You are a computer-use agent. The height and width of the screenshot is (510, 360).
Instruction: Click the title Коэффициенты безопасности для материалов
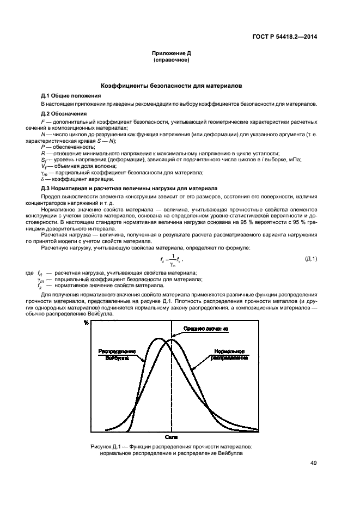coord(172,86)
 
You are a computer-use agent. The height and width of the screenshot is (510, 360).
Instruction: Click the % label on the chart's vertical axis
coord(86,323)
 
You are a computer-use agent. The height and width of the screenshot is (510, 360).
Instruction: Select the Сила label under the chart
coord(172,437)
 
